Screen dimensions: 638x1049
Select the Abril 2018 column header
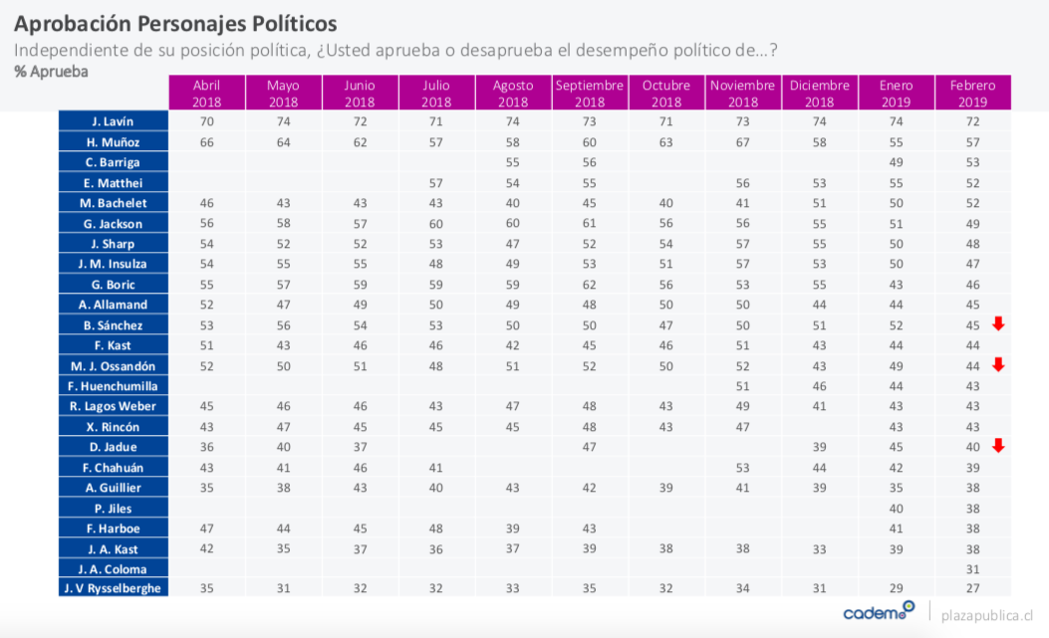click(206, 93)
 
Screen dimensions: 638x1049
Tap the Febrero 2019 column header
click(973, 93)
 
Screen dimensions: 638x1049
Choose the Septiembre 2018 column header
click(590, 93)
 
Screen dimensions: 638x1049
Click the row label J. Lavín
click(113, 121)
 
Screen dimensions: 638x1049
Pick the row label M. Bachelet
click(113, 203)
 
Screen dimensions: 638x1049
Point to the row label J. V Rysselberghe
click(113, 589)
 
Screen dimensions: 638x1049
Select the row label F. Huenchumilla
click(113, 386)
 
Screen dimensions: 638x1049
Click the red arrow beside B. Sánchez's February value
click(999, 323)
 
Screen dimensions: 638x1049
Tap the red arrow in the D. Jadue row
click(999, 445)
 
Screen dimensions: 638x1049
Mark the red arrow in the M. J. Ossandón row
click(999, 364)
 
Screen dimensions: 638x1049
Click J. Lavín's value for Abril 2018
click(206, 121)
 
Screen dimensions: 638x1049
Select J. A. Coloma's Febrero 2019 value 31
click(973, 568)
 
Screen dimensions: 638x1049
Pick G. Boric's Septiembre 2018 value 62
click(590, 284)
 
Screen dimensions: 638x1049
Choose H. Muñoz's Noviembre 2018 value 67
click(743, 142)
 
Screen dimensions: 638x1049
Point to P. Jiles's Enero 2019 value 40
click(896, 508)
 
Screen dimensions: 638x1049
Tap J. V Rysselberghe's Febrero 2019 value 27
click(973, 589)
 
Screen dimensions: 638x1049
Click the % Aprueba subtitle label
click(51, 72)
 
